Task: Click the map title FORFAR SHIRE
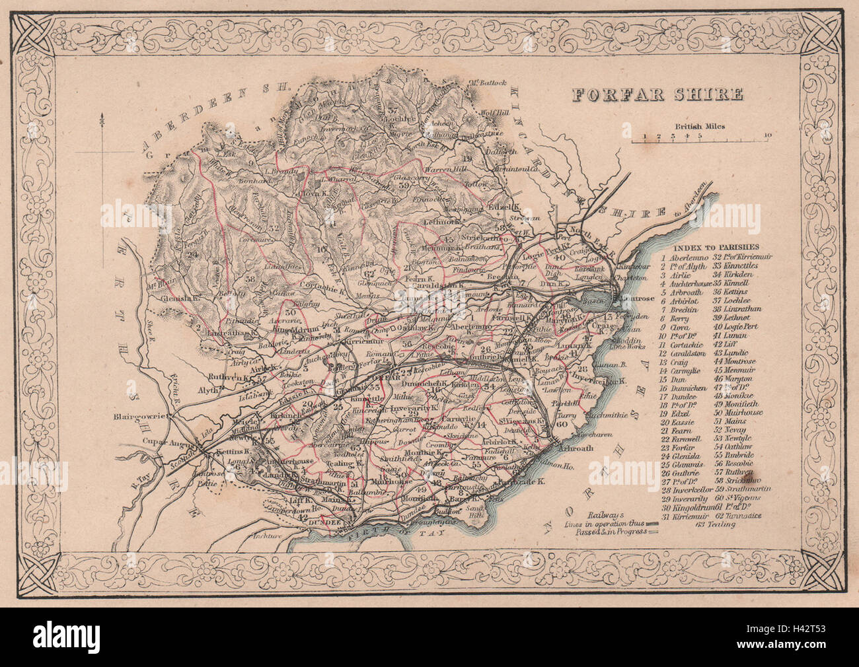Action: coord(657,95)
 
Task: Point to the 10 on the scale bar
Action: coord(766,137)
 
